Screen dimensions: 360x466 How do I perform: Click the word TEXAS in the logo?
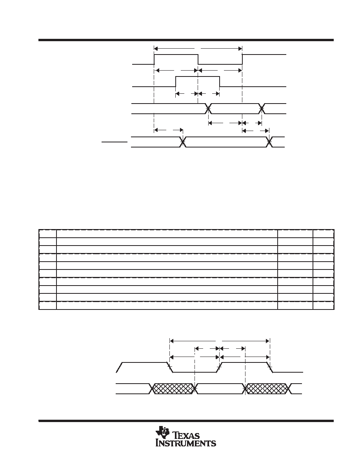pyautogui.click(x=187, y=435)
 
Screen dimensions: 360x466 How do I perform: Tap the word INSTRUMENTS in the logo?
pyautogui.click(x=186, y=443)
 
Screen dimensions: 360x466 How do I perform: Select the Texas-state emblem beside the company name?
pyautogui.click(x=162, y=432)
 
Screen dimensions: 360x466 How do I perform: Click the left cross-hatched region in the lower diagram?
pyautogui.click(x=173, y=388)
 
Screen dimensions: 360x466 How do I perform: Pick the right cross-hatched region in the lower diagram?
pyautogui.click(x=266, y=388)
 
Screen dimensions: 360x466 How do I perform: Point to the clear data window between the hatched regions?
pyautogui.click(x=220, y=388)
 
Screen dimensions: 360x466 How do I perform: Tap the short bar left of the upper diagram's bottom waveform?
pyautogui.click(x=115, y=142)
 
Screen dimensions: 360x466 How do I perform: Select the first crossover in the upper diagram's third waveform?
pyautogui.click(x=209, y=109)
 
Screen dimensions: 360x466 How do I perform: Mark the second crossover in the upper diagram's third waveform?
pyautogui.click(x=262, y=109)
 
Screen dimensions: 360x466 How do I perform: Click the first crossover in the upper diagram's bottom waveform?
pyautogui.click(x=183, y=142)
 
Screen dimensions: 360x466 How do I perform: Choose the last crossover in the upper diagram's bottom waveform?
pyautogui.click(x=269, y=142)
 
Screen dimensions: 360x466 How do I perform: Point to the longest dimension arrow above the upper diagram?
pyautogui.click(x=198, y=48)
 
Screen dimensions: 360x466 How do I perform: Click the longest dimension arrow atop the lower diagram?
pyautogui.click(x=220, y=340)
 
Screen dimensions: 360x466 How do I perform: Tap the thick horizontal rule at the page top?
pyautogui.click(x=186, y=40)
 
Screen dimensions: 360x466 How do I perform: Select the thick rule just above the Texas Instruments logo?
pyautogui.click(x=186, y=420)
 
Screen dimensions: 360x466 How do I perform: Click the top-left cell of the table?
pyautogui.click(x=47, y=234)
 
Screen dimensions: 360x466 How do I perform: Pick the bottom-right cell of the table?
pyautogui.click(x=324, y=306)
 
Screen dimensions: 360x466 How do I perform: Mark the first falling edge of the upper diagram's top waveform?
pyautogui.click(x=198, y=60)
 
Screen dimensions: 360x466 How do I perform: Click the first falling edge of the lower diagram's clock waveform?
pyautogui.click(x=171, y=367)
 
